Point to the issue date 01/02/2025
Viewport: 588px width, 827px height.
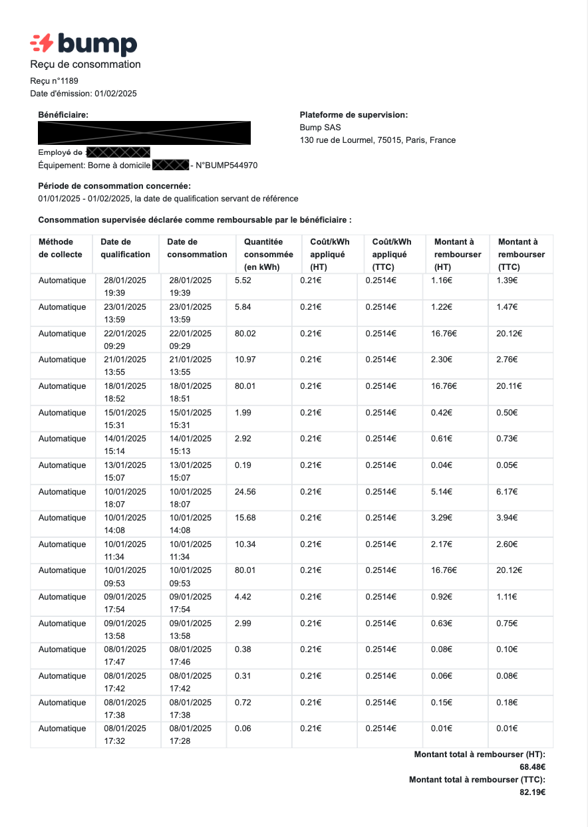click(115, 94)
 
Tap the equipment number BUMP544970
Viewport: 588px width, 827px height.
click(226, 165)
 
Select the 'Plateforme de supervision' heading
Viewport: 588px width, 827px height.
click(353, 115)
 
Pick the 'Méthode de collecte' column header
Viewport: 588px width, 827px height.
click(61, 248)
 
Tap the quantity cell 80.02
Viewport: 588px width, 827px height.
click(245, 333)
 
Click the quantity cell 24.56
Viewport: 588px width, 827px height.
click(245, 491)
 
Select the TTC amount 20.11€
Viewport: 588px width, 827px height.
click(509, 386)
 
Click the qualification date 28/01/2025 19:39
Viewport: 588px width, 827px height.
click(124, 287)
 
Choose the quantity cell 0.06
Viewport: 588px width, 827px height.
click(243, 729)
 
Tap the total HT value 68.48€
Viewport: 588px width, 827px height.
click(532, 767)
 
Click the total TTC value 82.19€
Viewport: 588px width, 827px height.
click(532, 792)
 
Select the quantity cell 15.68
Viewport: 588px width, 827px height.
click(245, 518)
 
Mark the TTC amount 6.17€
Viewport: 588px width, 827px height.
click(507, 491)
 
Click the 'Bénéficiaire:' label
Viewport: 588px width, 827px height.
click(63, 115)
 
